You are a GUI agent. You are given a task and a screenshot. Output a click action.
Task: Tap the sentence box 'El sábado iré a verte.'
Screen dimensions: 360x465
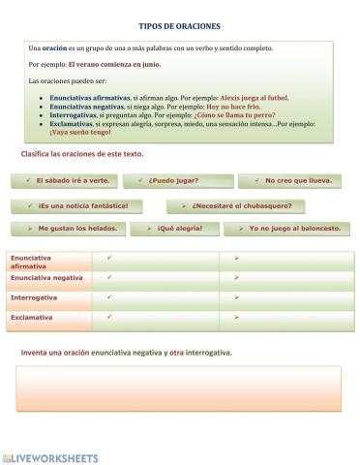[x=67, y=180]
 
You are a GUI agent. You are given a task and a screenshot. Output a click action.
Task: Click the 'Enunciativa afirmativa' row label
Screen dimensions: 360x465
[x=48, y=262]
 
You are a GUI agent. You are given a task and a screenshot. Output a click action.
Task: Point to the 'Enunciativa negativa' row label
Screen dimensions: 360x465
[x=48, y=278]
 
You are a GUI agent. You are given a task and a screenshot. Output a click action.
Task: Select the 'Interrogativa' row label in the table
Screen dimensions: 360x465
[x=48, y=297]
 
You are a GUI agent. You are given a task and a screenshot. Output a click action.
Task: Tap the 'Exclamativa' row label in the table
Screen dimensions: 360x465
[x=48, y=317]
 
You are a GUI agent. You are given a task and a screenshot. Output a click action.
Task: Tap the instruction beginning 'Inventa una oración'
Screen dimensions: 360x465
[x=126, y=352]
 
